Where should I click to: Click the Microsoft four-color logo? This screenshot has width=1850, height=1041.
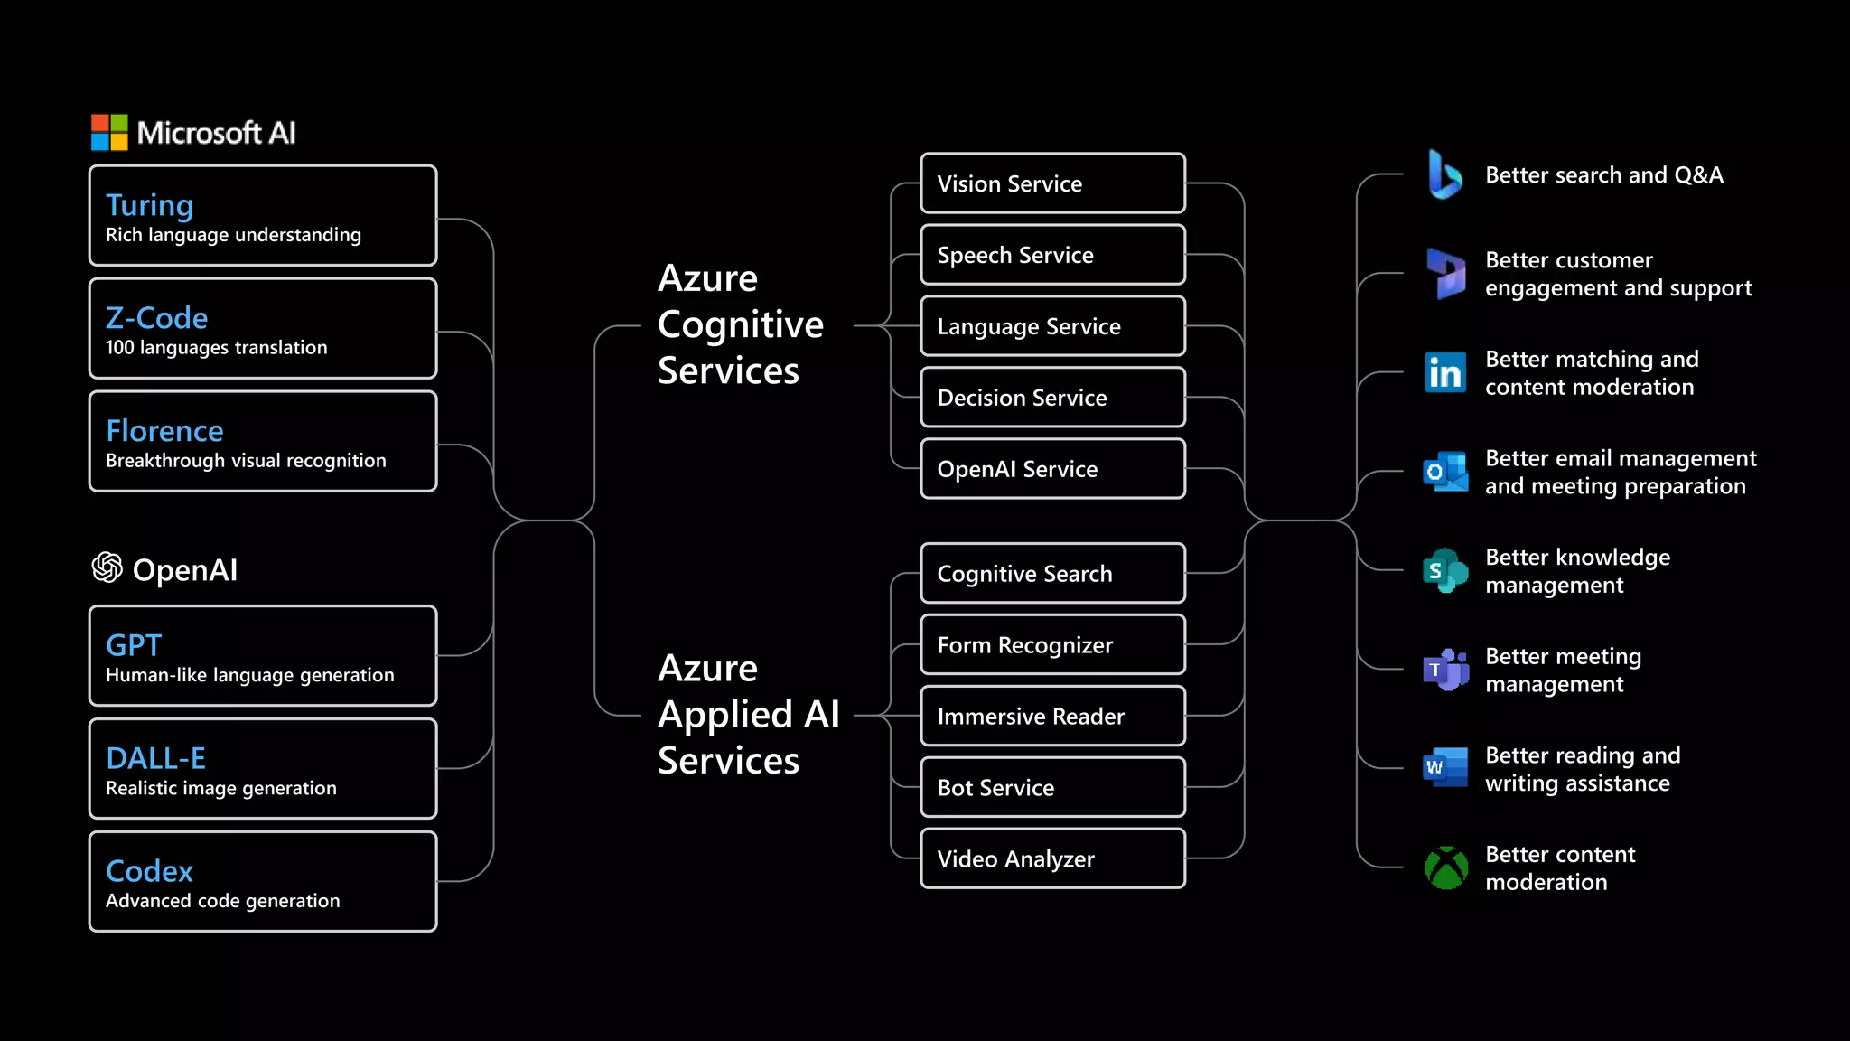(x=109, y=133)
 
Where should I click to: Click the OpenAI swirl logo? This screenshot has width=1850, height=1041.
(x=107, y=567)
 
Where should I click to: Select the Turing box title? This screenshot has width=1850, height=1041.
(x=149, y=205)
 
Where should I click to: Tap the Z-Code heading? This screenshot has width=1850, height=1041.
(x=156, y=318)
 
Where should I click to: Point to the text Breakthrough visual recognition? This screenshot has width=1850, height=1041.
(x=246, y=461)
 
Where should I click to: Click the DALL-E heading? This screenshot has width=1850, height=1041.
(x=155, y=758)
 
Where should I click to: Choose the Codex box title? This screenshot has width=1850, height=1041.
(x=149, y=871)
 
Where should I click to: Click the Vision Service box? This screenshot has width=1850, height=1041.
(x=1052, y=183)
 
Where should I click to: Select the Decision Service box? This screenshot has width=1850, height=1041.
(x=1052, y=398)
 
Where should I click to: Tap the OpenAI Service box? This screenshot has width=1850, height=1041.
(x=1052, y=469)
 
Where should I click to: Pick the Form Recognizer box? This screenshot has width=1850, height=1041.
(x=1052, y=645)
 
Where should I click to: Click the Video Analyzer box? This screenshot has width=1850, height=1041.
(x=1052, y=859)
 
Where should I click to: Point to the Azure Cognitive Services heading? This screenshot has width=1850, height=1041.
(x=740, y=324)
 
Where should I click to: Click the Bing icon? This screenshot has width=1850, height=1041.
(x=1444, y=174)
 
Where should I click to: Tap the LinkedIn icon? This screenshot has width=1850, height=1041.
(x=1444, y=372)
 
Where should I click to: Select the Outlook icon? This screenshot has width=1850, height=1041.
(x=1444, y=472)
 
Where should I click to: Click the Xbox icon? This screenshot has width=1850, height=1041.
(x=1446, y=867)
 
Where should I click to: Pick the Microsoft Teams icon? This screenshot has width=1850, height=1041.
(x=1445, y=670)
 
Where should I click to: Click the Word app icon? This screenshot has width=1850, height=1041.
(x=1444, y=768)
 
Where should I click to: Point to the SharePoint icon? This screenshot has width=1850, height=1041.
(x=1444, y=570)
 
